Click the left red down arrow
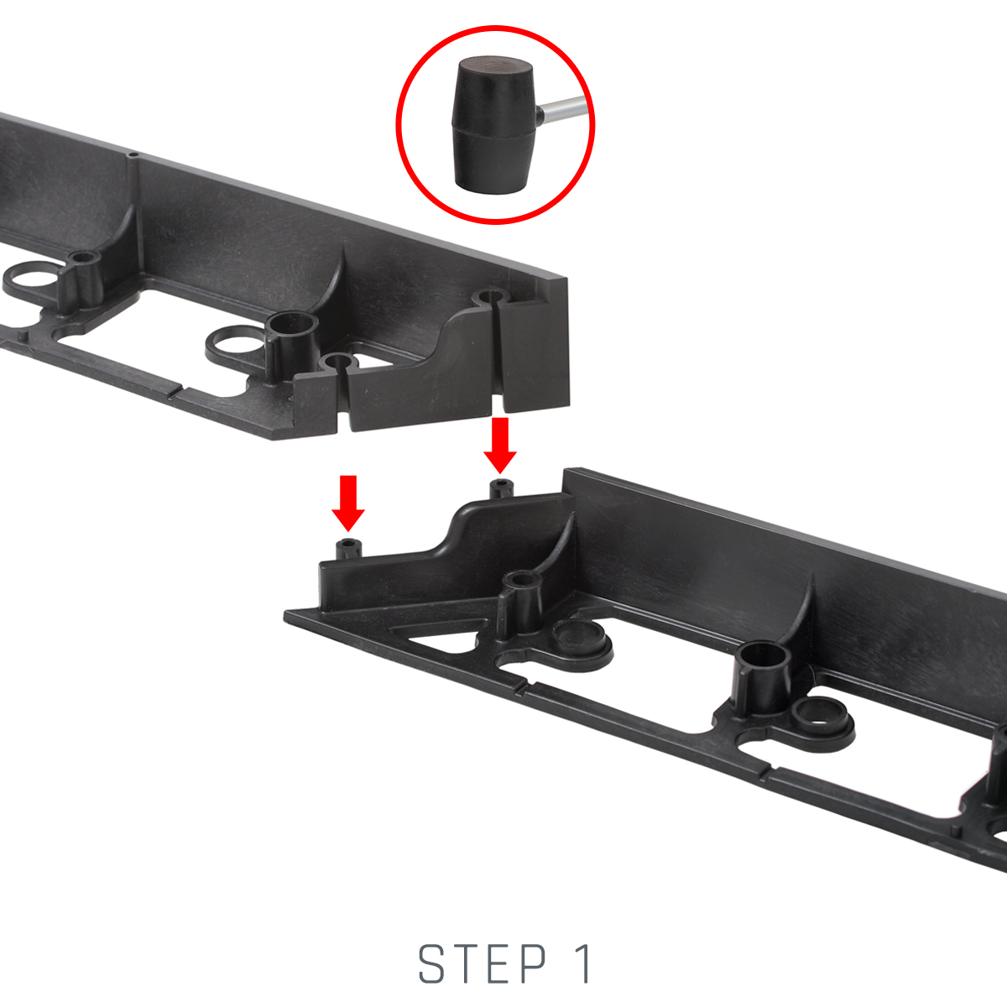[348, 503]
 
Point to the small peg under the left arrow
[348, 550]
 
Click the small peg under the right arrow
[501, 489]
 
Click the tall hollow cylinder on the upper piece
[291, 342]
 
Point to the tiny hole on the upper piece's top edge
[133, 155]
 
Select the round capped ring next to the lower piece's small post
[581, 644]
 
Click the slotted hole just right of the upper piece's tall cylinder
[338, 362]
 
